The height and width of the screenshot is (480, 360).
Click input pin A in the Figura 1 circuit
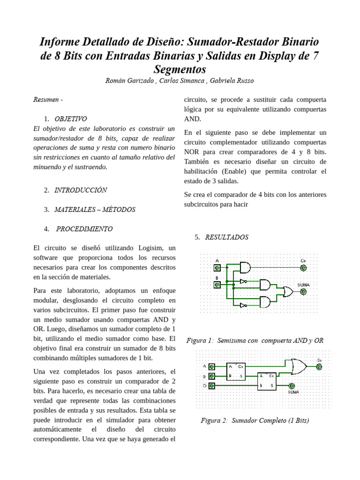(x=217, y=268)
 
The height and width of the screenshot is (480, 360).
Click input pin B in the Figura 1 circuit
(x=217, y=284)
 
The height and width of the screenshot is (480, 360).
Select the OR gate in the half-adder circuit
(x=287, y=292)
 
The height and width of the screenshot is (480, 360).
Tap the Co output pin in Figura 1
(x=303, y=268)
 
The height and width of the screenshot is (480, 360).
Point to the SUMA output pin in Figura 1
(x=303, y=292)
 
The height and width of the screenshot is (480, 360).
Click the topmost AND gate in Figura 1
(x=245, y=268)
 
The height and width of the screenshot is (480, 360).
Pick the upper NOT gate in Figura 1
(x=243, y=281)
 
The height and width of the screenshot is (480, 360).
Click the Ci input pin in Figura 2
(x=212, y=386)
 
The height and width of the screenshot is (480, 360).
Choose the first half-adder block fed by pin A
(x=235, y=371)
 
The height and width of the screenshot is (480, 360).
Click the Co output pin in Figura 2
(x=319, y=367)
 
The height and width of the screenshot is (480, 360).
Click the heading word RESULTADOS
(x=226, y=237)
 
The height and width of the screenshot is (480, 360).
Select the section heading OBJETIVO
(x=70, y=119)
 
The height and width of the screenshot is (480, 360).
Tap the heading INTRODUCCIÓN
(x=81, y=190)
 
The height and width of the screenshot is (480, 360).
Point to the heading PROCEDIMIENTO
(x=84, y=229)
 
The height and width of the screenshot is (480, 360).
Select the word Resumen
(x=46, y=99)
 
